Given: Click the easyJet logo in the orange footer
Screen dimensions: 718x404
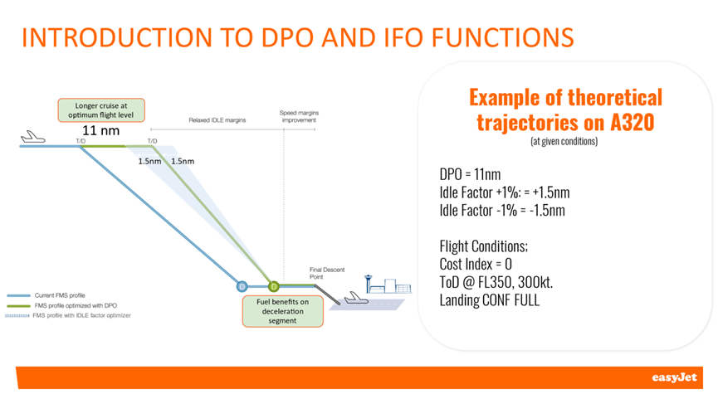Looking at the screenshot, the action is pyautogui.click(x=674, y=377).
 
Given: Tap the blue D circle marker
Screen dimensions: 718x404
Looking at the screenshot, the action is pyautogui.click(x=242, y=287).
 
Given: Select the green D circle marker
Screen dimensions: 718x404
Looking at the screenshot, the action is pyautogui.click(x=273, y=287).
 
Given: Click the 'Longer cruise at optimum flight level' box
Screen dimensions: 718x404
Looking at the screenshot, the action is pyautogui.click(x=101, y=110).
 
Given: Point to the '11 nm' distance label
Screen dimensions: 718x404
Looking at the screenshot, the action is pyautogui.click(x=100, y=131).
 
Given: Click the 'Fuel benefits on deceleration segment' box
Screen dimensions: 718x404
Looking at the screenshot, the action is pyautogui.click(x=282, y=311).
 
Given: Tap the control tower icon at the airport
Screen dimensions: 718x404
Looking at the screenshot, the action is pyautogui.click(x=369, y=284).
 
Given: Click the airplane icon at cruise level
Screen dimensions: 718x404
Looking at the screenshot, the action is pyautogui.click(x=33, y=137).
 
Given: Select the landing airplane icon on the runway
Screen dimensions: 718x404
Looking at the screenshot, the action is pyautogui.click(x=356, y=298).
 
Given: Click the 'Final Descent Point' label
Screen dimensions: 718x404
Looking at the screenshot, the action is pyautogui.click(x=327, y=273).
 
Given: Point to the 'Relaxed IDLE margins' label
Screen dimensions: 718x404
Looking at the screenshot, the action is pyautogui.click(x=217, y=120).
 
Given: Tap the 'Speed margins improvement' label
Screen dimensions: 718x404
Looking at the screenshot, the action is pyautogui.click(x=299, y=116).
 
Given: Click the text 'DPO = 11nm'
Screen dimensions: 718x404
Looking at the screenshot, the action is pyautogui.click(x=470, y=174).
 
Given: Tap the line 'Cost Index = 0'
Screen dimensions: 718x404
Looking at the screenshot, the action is pyautogui.click(x=476, y=265).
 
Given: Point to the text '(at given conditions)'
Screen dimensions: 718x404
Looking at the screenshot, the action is pyautogui.click(x=564, y=141).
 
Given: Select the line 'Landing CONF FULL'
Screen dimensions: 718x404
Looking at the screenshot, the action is pyautogui.click(x=490, y=300).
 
